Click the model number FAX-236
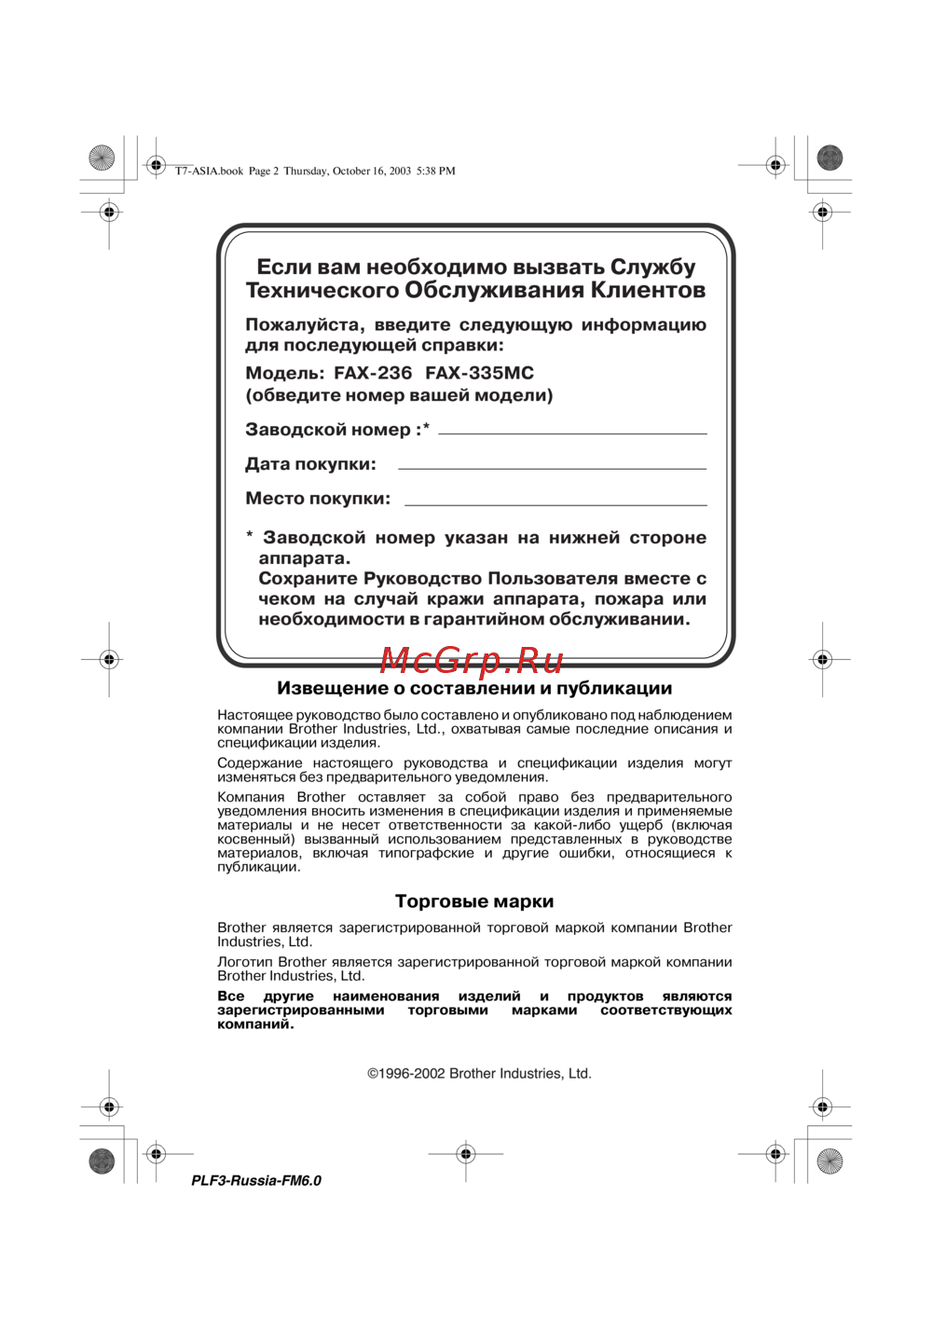point(373,373)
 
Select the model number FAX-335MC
point(479,373)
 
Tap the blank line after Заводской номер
point(572,432)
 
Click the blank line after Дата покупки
point(552,466)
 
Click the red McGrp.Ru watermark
point(472,660)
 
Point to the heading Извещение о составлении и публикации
point(474,689)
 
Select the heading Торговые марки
point(474,901)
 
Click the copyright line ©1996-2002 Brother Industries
point(479,1074)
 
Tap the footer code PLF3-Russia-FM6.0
point(256,1181)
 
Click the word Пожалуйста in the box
point(303,325)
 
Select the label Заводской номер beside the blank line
point(328,430)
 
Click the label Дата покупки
point(310,464)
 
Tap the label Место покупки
point(318,499)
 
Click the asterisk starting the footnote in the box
point(250,536)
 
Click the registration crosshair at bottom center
point(466,1154)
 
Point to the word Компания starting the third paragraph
point(251,798)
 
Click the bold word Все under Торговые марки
point(231,996)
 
